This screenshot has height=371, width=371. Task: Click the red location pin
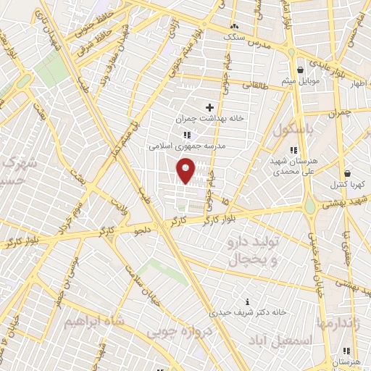click(x=186, y=171)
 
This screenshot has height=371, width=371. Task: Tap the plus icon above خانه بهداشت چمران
click(x=210, y=107)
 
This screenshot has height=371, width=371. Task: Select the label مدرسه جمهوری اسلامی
click(x=188, y=146)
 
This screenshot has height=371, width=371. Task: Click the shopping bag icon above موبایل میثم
click(x=300, y=70)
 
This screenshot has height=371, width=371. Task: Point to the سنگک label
click(x=235, y=35)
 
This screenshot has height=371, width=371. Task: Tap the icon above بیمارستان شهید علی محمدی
click(x=293, y=150)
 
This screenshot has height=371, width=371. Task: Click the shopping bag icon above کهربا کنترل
click(x=348, y=173)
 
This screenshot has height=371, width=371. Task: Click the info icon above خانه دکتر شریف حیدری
click(x=248, y=301)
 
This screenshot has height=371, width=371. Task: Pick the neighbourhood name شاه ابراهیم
click(x=94, y=321)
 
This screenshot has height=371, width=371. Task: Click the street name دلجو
click(x=145, y=231)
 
